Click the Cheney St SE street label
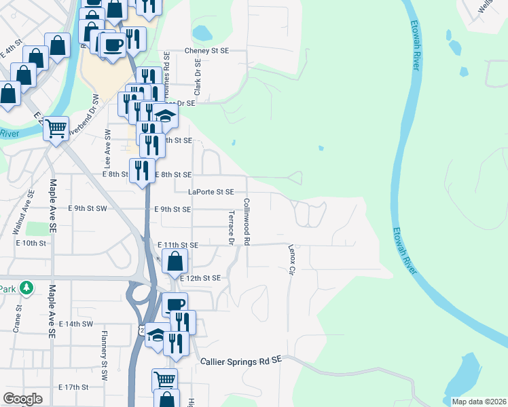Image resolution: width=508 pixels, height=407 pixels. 207,51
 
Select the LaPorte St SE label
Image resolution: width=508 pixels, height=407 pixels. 211,192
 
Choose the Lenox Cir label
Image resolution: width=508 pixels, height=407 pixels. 292,260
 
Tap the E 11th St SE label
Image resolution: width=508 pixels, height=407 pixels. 178,244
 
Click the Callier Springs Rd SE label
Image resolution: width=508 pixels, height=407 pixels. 240,362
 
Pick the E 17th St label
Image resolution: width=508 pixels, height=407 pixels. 73,387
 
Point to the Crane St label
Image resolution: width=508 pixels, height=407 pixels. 16,318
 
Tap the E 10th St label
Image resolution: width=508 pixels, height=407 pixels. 31,242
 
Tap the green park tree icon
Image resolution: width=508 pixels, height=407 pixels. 26,288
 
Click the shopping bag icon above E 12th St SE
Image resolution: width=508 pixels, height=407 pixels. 175,260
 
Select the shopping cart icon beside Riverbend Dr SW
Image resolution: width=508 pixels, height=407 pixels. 56,127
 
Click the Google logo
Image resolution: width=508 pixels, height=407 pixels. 22,399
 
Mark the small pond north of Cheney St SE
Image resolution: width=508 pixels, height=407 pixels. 202,33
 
